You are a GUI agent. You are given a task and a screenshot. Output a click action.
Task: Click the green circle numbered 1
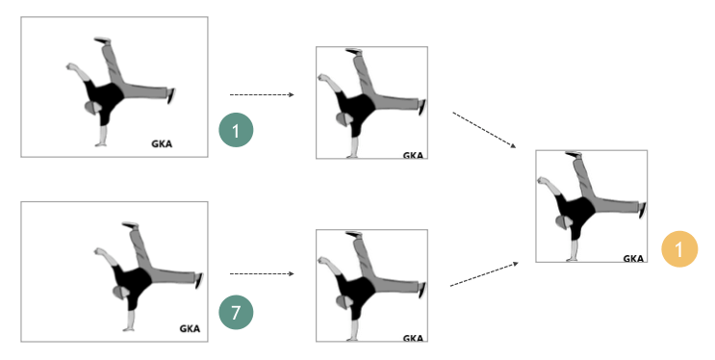click(x=236, y=130)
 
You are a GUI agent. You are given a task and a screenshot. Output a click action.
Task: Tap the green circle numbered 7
click(x=236, y=313)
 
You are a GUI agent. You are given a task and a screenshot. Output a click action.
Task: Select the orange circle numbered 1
click(x=679, y=249)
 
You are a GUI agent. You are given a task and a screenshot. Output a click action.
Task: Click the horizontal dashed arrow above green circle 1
click(x=262, y=95)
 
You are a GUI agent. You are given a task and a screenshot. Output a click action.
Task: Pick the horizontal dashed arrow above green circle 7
click(x=262, y=273)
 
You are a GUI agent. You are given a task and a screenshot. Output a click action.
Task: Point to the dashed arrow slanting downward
click(x=484, y=130)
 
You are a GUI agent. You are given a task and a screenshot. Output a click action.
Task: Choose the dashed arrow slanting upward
click(x=484, y=274)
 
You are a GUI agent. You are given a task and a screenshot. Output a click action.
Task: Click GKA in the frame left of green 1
click(x=162, y=144)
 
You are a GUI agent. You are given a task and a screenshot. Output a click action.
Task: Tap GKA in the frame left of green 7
click(x=190, y=328)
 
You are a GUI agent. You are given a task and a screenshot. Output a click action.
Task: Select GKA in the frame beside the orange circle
click(x=633, y=259)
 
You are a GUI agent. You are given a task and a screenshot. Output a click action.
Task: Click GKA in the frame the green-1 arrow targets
click(x=413, y=155)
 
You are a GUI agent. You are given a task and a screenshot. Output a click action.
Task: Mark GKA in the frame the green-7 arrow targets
click(x=413, y=338)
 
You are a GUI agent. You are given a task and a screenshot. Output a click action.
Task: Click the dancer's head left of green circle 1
click(x=93, y=108)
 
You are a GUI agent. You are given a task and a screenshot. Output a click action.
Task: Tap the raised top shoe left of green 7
click(x=130, y=224)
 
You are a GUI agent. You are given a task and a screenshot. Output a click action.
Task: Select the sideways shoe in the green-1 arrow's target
click(x=422, y=107)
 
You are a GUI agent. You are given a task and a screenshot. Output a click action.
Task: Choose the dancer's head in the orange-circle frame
click(x=564, y=222)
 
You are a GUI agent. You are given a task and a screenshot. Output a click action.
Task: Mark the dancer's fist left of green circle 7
click(x=99, y=251)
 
